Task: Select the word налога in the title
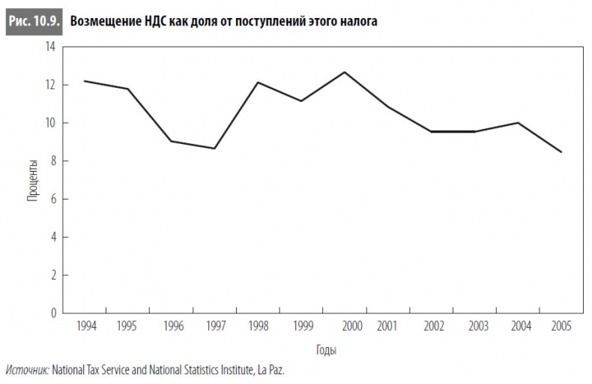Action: click(355, 21)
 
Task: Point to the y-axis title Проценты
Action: click(33, 180)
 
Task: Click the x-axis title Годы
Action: click(325, 350)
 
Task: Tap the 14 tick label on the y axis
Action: click(51, 47)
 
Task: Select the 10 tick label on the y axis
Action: click(51, 123)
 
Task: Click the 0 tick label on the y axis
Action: click(53, 313)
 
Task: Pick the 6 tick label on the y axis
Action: click(53, 199)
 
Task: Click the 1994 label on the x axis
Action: click(87, 326)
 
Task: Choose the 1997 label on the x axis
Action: click(216, 326)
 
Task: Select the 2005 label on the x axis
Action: click(561, 326)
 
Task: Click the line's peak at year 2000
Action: click(345, 72)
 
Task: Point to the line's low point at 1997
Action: click(215, 148)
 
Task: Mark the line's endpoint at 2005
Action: click(561, 152)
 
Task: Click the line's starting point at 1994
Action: click(85, 81)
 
